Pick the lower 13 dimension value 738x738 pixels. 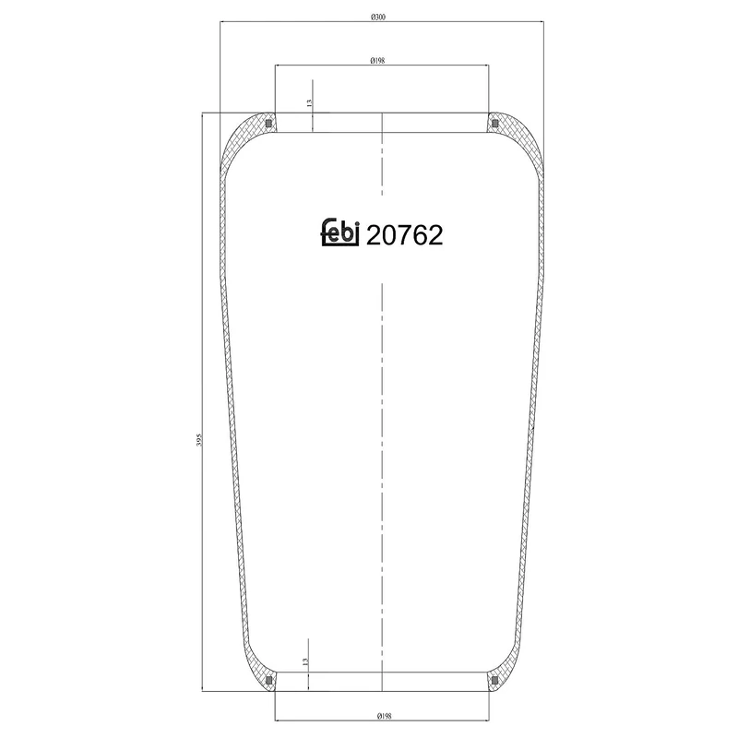[x=305, y=661]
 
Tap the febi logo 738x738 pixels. [x=339, y=233]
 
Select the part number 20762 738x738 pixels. [x=405, y=236]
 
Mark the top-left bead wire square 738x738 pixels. [x=268, y=123]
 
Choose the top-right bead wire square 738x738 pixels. [x=494, y=123]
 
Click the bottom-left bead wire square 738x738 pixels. [x=268, y=682]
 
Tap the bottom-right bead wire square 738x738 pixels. [x=494, y=682]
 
